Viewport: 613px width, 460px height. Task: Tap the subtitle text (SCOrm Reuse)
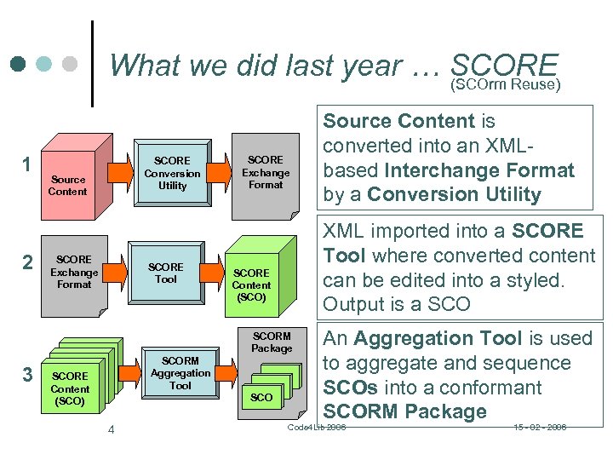pyautogui.click(x=504, y=84)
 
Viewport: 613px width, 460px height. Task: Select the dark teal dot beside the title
pyautogui.click(x=18, y=64)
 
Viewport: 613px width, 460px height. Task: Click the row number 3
pyautogui.click(x=28, y=374)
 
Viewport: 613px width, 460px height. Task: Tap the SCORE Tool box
pyautogui.click(x=165, y=273)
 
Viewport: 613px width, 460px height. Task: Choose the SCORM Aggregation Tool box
pyautogui.click(x=180, y=373)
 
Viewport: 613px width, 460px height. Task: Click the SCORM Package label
pyautogui.click(x=272, y=342)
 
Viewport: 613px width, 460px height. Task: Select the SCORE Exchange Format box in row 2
pyautogui.click(x=74, y=271)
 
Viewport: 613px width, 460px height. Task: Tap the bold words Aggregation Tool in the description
pyautogui.click(x=437, y=338)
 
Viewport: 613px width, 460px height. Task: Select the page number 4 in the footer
pyautogui.click(x=111, y=429)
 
